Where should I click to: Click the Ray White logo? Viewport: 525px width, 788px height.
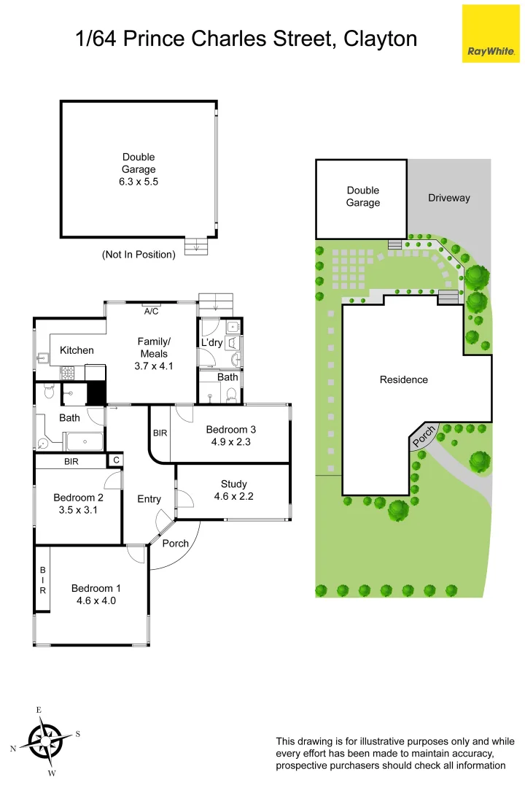pyautogui.click(x=491, y=34)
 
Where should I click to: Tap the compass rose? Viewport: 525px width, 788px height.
pyautogui.click(x=45, y=741)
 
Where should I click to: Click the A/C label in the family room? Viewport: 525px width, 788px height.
pyautogui.click(x=152, y=312)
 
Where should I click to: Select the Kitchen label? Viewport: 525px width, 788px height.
pyautogui.click(x=77, y=350)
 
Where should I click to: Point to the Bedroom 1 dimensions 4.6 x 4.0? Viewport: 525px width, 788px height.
pyautogui.click(x=96, y=600)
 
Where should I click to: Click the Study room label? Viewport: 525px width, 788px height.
pyautogui.click(x=233, y=484)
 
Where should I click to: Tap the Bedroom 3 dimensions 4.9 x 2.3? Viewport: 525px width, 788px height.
pyautogui.click(x=230, y=441)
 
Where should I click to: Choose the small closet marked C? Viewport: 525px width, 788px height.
pyautogui.click(x=115, y=460)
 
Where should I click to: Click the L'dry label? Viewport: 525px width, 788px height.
pyautogui.click(x=212, y=342)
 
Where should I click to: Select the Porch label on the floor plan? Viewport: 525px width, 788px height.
pyautogui.click(x=175, y=543)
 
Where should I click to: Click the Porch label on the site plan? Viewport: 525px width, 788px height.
pyautogui.click(x=424, y=436)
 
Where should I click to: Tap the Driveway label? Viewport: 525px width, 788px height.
pyautogui.click(x=448, y=198)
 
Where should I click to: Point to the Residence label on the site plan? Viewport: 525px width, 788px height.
pyautogui.click(x=403, y=379)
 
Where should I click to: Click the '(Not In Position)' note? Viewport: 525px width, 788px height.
pyautogui.click(x=139, y=255)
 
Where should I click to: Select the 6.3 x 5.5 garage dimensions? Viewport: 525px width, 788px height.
pyautogui.click(x=139, y=182)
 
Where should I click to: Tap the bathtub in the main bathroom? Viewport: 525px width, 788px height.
pyautogui.click(x=83, y=441)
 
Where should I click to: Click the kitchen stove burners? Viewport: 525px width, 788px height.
pyautogui.click(x=69, y=373)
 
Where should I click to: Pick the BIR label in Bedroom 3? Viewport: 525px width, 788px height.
pyautogui.click(x=160, y=433)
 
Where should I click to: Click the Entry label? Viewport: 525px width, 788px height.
pyautogui.click(x=149, y=499)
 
